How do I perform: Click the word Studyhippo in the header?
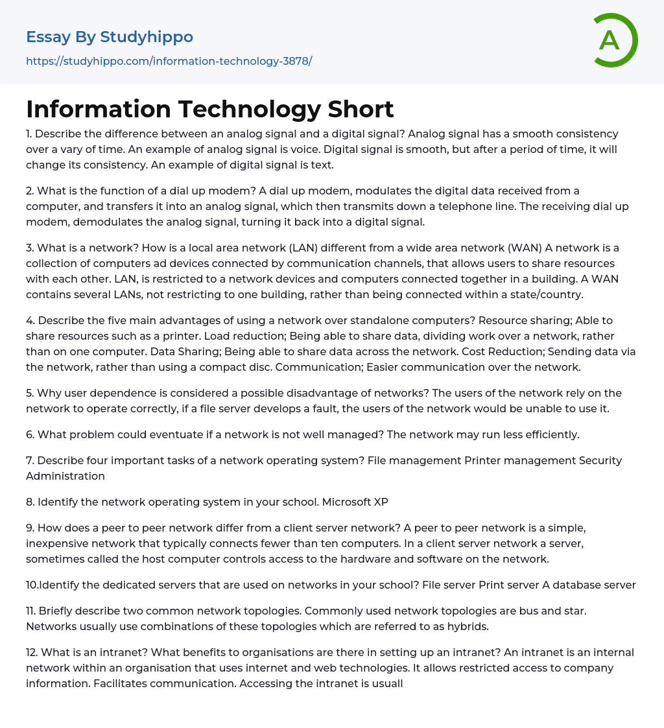[147, 37]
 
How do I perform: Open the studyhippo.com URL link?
[169, 61]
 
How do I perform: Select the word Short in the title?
[361, 109]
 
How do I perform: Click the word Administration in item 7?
[65, 476]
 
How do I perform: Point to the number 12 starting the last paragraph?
[31, 652]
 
